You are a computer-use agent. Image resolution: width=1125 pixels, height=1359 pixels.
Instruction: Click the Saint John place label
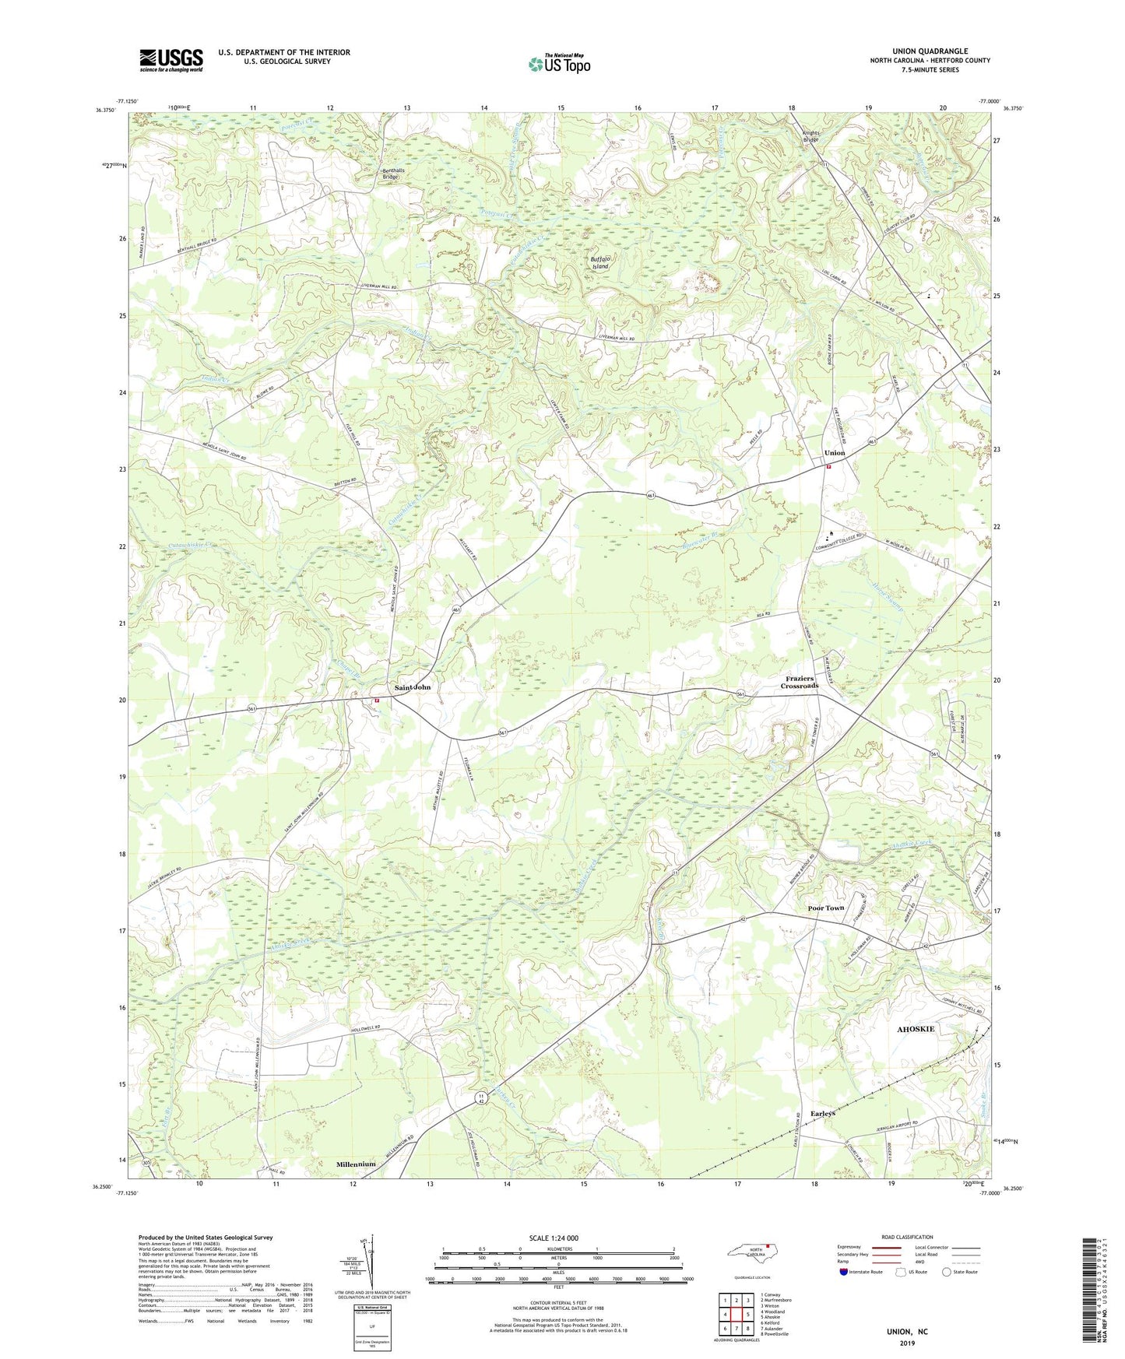[x=412, y=687]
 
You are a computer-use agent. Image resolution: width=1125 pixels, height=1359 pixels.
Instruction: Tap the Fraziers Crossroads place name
[x=800, y=682]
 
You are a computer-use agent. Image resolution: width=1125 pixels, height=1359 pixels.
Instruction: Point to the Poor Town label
[x=825, y=908]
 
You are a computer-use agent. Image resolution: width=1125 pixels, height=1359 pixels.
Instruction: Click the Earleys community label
[x=822, y=1114]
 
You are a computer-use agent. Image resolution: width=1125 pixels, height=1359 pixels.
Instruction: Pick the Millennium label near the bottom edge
[x=356, y=1164]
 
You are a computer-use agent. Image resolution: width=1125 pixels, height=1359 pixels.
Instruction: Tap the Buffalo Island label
[x=599, y=262]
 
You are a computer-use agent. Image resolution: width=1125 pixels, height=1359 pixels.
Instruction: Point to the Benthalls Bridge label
[x=389, y=173]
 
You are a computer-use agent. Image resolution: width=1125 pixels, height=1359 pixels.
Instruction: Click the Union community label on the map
[x=835, y=453]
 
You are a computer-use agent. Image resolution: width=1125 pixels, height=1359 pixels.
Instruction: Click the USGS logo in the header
[x=171, y=60]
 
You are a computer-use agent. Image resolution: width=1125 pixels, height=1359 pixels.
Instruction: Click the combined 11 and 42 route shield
[x=482, y=1097]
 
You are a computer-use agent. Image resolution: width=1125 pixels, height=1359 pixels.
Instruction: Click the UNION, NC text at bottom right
[x=907, y=1332]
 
